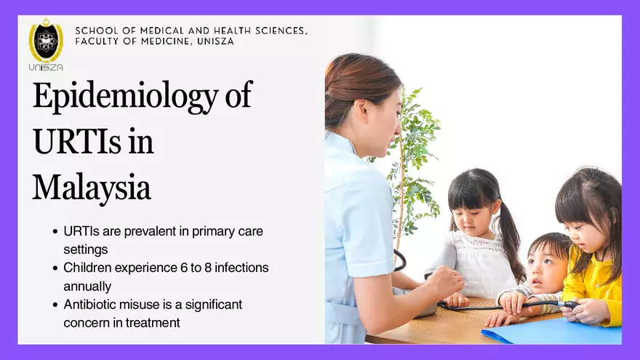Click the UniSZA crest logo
pos(46,41)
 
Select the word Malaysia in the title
pos(91,187)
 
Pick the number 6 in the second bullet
pos(185,268)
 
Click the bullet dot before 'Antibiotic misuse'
pos(55,304)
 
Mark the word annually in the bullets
pos(87,286)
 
